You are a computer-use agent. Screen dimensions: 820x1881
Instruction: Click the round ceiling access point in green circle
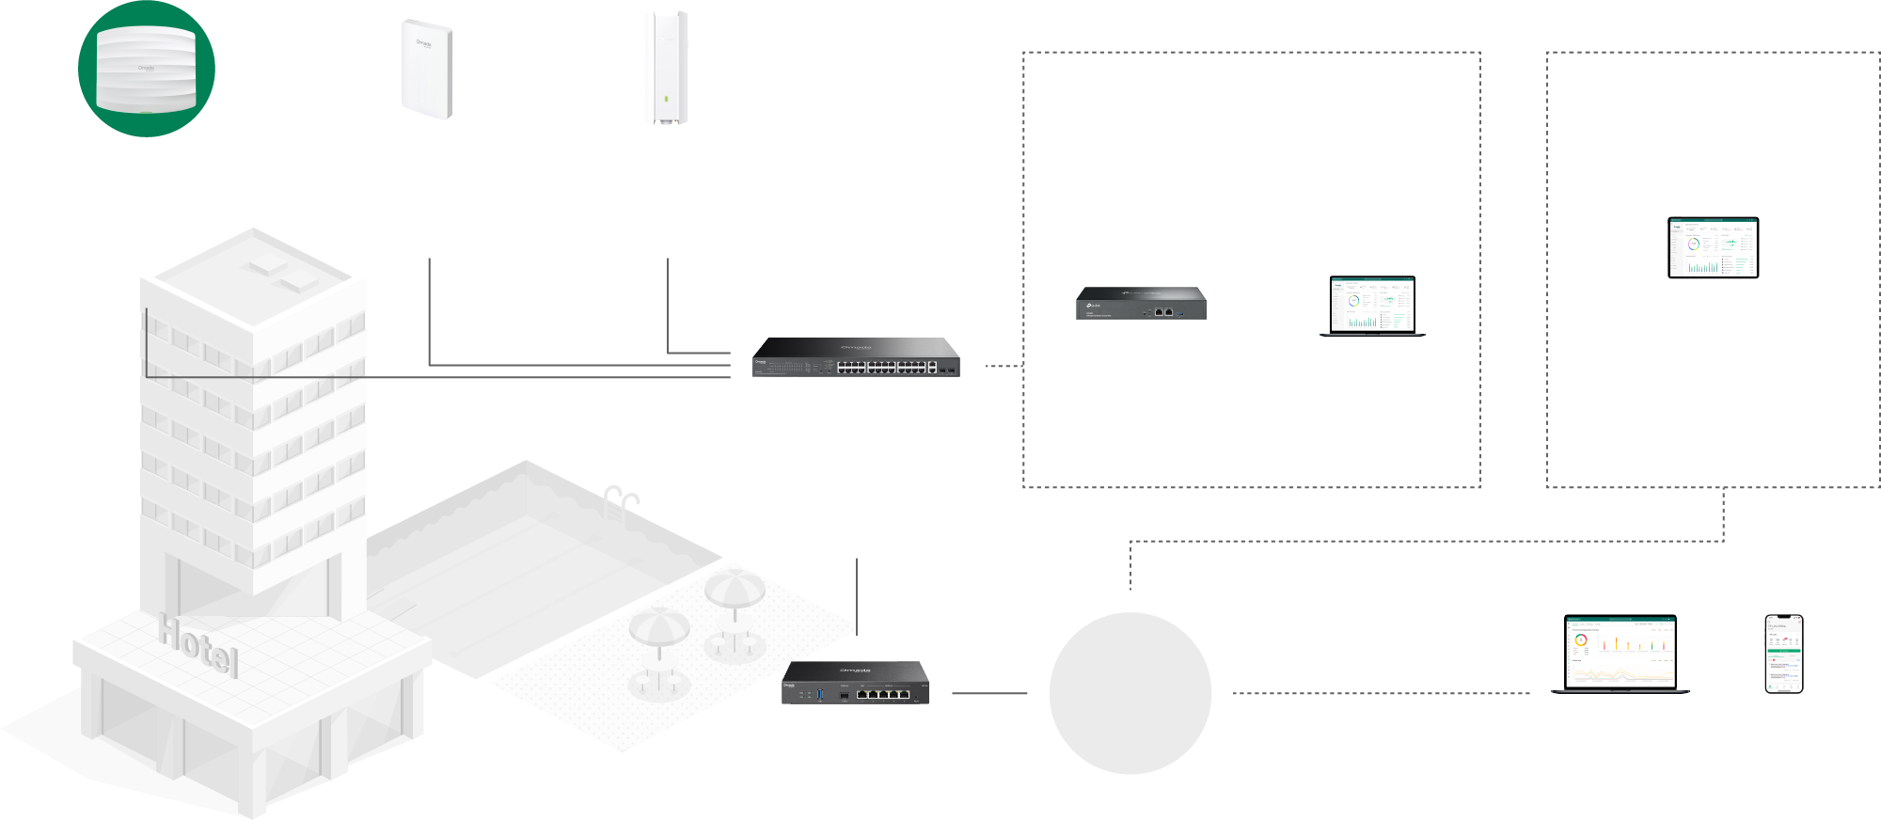[x=146, y=69]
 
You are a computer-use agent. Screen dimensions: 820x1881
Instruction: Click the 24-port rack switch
[x=856, y=357]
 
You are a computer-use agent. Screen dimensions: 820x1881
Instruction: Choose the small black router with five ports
[x=855, y=683]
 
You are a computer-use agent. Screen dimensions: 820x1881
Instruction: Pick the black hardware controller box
[x=1141, y=304]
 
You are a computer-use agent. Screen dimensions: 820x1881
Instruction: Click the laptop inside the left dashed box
[x=1372, y=306]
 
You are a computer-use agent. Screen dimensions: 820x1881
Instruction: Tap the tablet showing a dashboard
[x=1713, y=248]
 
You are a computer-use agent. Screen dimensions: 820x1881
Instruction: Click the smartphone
[x=1783, y=654]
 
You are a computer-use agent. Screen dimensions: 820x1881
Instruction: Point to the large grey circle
[x=1130, y=693]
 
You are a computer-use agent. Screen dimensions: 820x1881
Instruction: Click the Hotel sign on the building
[x=198, y=645]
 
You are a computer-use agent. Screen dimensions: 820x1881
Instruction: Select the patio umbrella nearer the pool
[x=735, y=592]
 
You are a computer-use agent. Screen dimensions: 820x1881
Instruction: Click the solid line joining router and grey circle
[x=989, y=693]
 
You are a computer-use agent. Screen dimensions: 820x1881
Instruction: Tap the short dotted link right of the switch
[x=1003, y=366]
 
